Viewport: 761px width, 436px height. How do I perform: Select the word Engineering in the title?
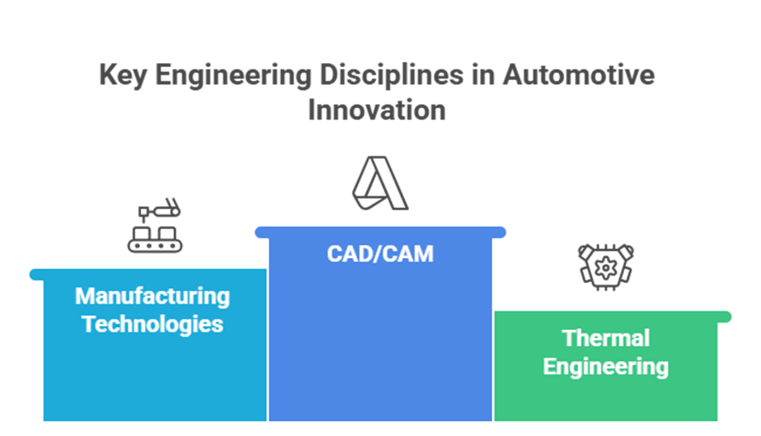pyautogui.click(x=227, y=76)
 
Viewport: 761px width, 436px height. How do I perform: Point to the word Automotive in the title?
pyautogui.click(x=579, y=76)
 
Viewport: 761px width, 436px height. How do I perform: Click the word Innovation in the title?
pyautogui.click(x=376, y=108)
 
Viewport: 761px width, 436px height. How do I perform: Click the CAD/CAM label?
pyautogui.click(x=380, y=254)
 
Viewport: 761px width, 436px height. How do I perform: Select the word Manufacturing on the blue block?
pyautogui.click(x=153, y=296)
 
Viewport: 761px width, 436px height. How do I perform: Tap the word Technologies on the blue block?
pyautogui.click(x=153, y=324)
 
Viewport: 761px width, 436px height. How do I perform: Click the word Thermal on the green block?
pyautogui.click(x=606, y=338)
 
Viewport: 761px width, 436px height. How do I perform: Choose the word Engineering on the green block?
pyautogui.click(x=606, y=366)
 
